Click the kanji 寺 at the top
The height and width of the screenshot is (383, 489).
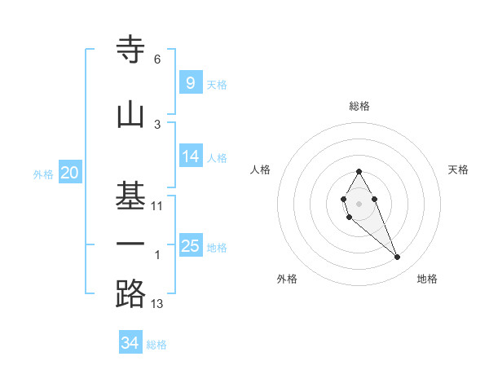point(130,50)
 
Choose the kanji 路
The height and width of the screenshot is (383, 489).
point(130,293)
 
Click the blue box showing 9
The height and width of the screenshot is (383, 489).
point(190,82)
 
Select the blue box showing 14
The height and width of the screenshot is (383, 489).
point(191,156)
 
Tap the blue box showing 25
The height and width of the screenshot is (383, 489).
point(191,245)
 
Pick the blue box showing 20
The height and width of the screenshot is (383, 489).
point(70,172)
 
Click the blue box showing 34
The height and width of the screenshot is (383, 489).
point(130,343)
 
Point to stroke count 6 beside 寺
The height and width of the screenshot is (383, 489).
point(157,59)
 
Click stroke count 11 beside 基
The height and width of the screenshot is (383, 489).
point(157,206)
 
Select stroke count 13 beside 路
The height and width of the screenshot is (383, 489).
point(157,304)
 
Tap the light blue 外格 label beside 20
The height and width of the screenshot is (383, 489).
point(43,174)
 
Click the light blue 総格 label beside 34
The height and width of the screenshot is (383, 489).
point(156,345)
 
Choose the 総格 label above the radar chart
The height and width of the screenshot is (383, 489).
point(359,106)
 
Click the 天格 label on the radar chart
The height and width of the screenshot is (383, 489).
point(459,169)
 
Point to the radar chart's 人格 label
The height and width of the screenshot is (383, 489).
point(261,169)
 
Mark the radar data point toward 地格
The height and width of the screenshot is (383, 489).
point(398,258)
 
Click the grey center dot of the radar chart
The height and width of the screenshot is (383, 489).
point(359,203)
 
